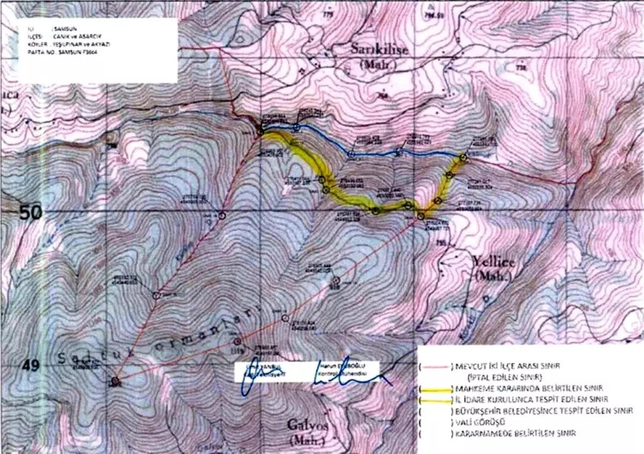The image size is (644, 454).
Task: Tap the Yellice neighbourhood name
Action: [x=493, y=262]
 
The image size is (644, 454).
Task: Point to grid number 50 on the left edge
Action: [x=30, y=213]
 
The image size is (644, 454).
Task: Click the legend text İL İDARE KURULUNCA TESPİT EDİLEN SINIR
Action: [x=531, y=399]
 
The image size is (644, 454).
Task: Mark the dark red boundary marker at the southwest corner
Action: [x=114, y=382]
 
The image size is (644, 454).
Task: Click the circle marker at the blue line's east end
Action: [x=463, y=157]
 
